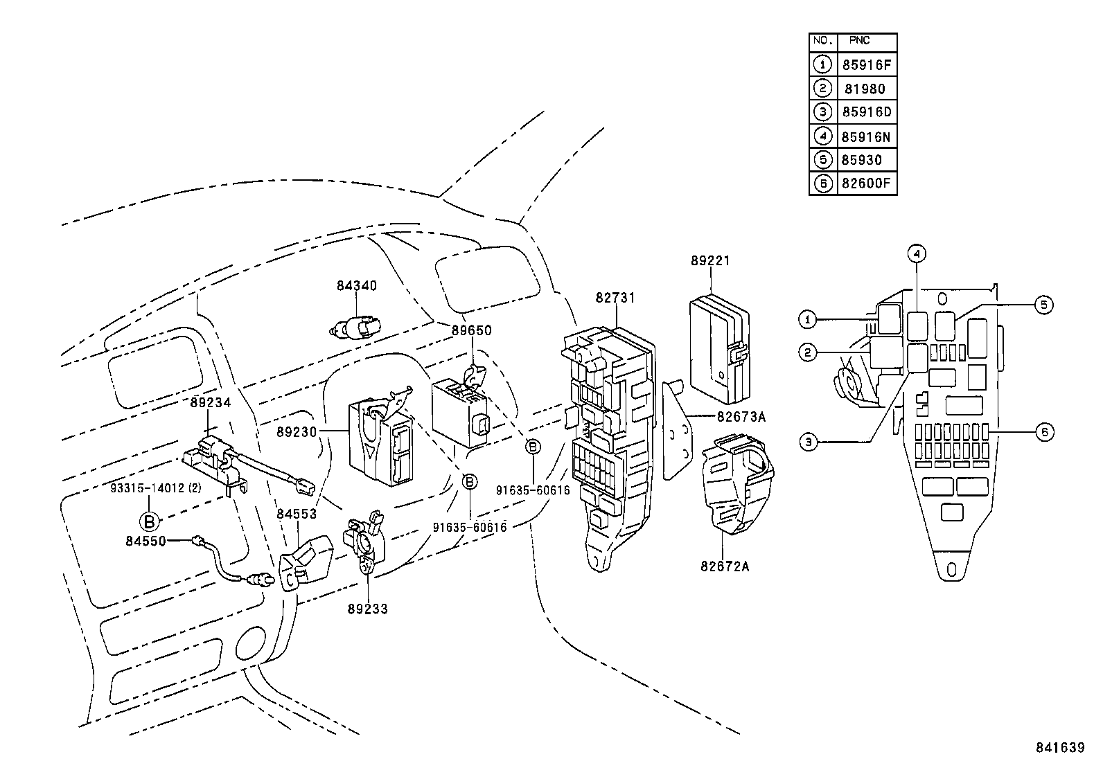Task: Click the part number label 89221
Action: (x=710, y=261)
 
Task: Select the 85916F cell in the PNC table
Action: (x=865, y=66)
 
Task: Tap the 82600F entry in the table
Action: (x=865, y=184)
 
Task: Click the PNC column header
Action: (x=859, y=42)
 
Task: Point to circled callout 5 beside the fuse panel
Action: (x=1043, y=304)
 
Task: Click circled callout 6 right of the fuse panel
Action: (x=1045, y=432)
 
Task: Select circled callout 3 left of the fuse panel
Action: (x=807, y=441)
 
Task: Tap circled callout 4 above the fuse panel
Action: (x=916, y=255)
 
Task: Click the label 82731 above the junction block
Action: (x=615, y=298)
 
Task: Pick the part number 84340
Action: (x=357, y=285)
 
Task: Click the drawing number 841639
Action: (x=1059, y=747)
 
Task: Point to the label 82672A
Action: (x=724, y=566)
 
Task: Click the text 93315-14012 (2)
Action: (x=156, y=487)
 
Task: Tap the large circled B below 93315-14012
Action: (x=149, y=521)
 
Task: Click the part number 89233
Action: (x=367, y=609)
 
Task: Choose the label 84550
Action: (x=145, y=541)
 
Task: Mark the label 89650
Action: (x=472, y=330)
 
